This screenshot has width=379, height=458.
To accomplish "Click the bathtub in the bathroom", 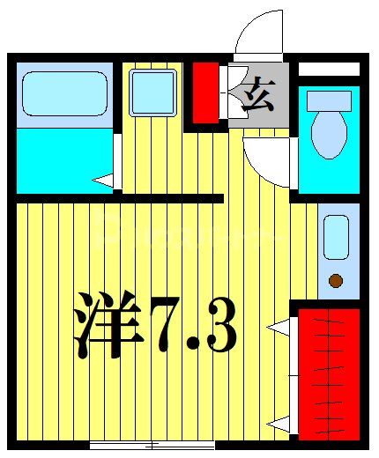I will coord(64,94).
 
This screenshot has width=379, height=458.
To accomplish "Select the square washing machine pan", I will coord(152,92).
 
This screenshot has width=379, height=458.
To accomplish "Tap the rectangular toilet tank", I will coord(329,100).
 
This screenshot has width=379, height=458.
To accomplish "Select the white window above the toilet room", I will coord(329,69).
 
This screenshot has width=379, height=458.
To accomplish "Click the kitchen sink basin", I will coord(336,235).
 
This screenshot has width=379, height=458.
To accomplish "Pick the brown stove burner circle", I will coord(336,281).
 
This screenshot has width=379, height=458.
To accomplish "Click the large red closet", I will coord(330,373).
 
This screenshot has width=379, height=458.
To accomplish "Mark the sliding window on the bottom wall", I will coord(152,444).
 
